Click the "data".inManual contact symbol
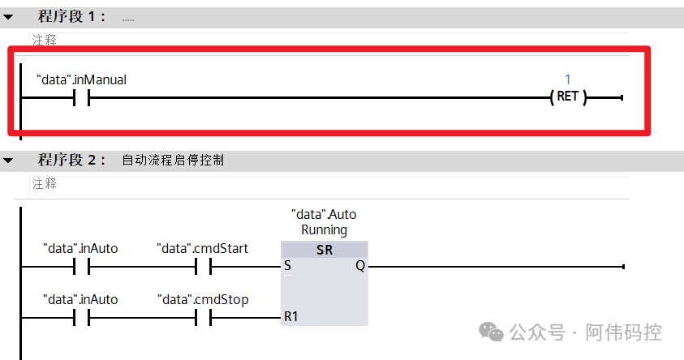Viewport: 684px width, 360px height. tap(80, 98)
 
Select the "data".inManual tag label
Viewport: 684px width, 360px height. tap(81, 79)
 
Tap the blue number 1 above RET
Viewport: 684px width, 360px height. tap(568, 79)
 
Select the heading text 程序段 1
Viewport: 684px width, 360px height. tap(71, 17)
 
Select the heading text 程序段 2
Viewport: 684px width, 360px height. tap(71, 161)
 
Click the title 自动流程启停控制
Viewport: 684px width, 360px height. tap(173, 161)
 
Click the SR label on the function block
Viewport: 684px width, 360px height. tap(325, 251)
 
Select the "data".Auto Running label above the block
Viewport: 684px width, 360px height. tap(324, 222)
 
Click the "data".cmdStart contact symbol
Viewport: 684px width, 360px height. tap(203, 267)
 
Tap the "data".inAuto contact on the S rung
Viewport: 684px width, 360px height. tap(80, 267)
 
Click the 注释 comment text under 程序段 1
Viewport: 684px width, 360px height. tap(44, 40)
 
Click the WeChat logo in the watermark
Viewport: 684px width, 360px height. tap(490, 332)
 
